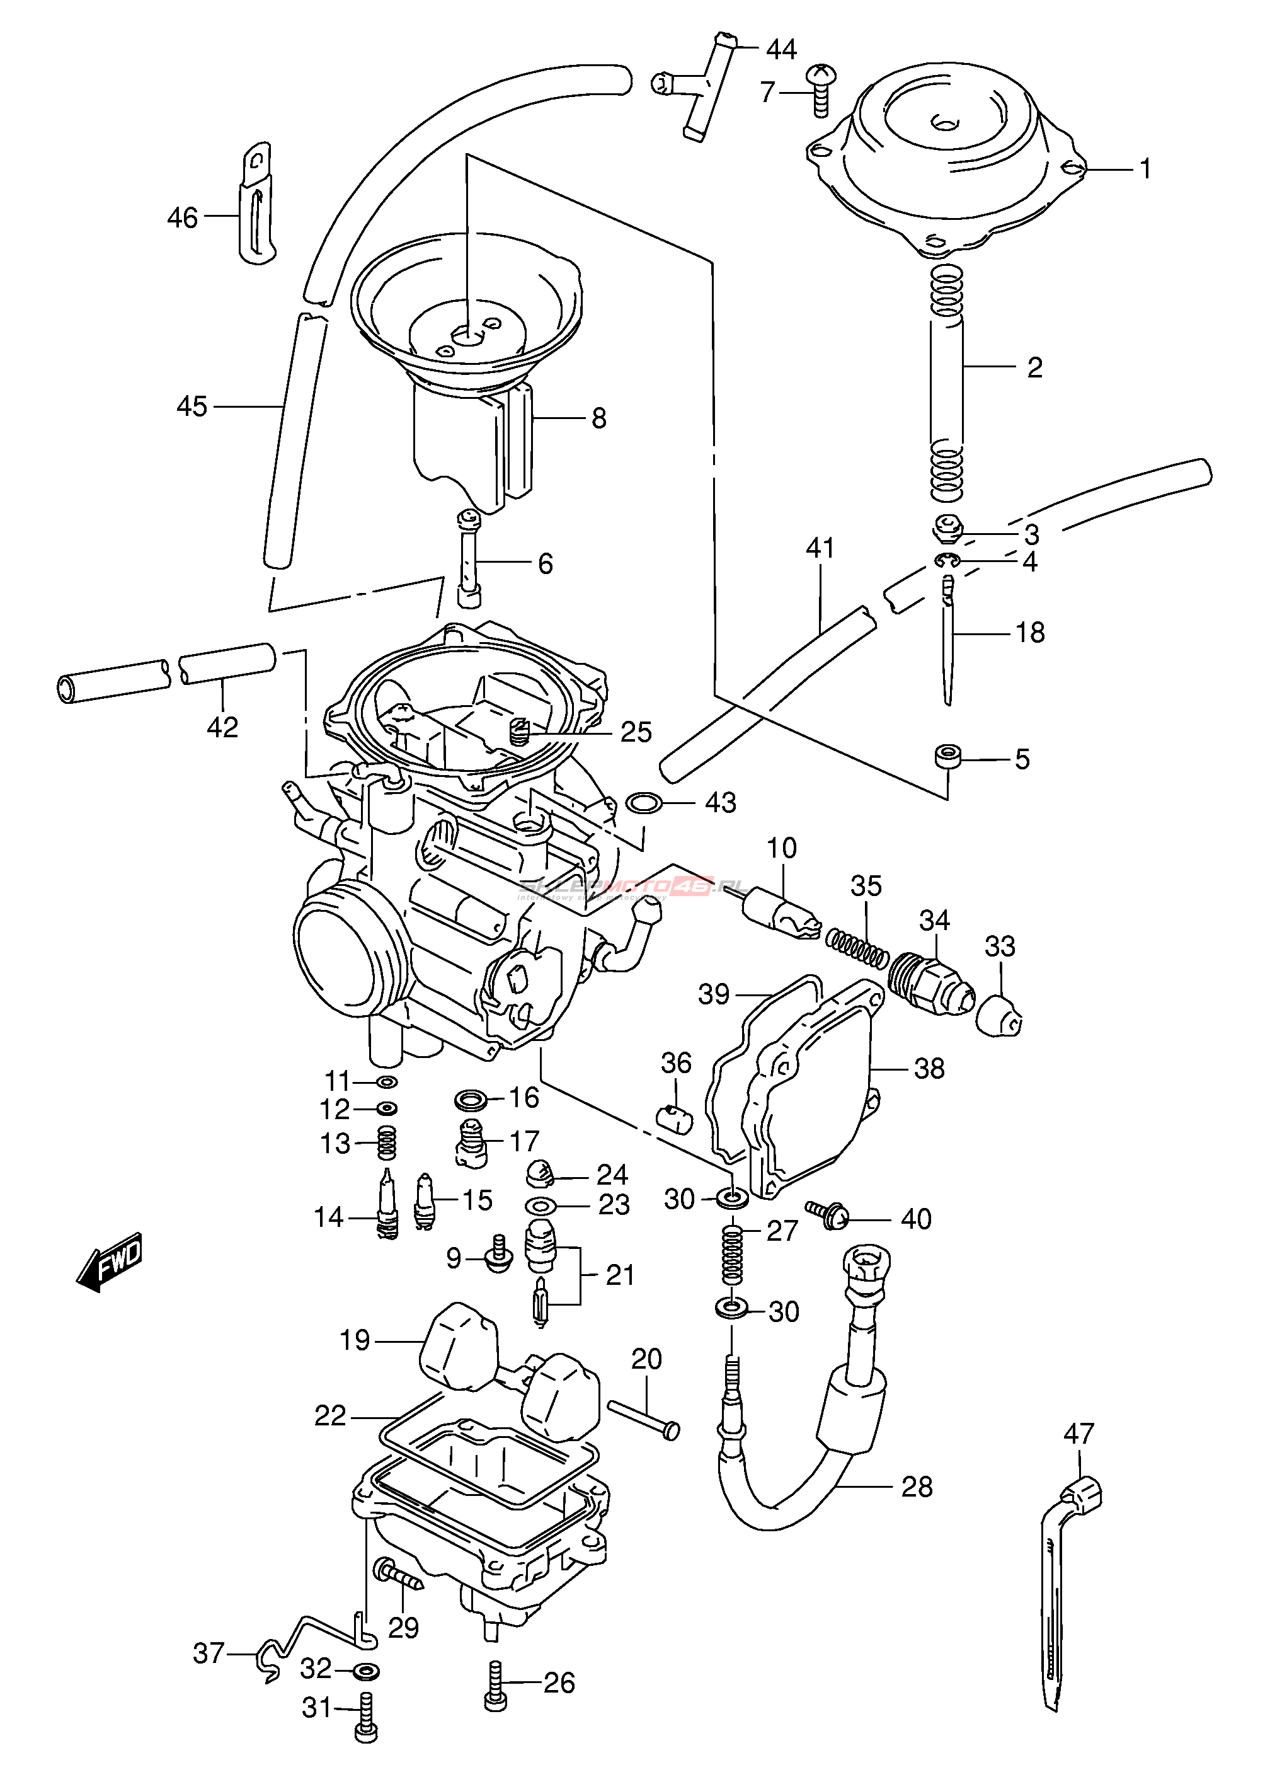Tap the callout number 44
781,50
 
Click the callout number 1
1146,168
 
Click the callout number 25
636,732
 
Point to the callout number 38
929,1068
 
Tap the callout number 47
1078,1434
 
